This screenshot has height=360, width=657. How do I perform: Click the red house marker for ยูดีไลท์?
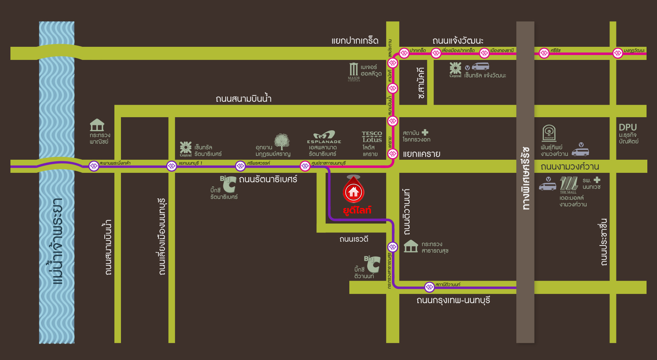(x=354, y=191)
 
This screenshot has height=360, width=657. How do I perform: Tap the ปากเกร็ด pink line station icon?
(x=404, y=53)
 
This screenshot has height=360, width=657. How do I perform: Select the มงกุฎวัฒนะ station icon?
(x=618, y=53)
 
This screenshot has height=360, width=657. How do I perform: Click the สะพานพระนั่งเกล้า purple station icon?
(x=94, y=166)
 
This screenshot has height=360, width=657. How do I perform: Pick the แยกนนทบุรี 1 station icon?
(x=172, y=166)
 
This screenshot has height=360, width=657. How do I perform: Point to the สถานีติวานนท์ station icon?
(x=429, y=287)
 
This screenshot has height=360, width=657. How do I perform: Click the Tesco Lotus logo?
(x=372, y=137)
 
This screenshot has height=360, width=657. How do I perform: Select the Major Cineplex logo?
(x=354, y=72)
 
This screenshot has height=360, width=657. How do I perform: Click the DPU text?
(x=628, y=127)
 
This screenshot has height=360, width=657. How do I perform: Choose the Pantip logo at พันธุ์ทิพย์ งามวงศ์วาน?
(x=549, y=133)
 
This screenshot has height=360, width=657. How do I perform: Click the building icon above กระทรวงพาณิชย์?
(x=97, y=125)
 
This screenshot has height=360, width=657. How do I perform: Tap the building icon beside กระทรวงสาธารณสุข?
(x=411, y=246)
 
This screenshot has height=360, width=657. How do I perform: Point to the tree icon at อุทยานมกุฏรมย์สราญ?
(x=282, y=142)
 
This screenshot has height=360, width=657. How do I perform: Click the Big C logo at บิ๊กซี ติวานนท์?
(x=372, y=264)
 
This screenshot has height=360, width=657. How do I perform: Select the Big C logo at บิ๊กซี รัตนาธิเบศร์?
(x=228, y=184)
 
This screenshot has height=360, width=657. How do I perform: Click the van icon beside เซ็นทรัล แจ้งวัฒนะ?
(x=480, y=66)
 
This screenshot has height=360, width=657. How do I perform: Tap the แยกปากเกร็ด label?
(x=355, y=41)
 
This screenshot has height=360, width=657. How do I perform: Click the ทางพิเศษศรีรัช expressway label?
(x=525, y=178)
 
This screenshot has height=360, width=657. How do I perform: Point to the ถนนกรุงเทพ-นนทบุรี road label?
(x=453, y=300)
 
